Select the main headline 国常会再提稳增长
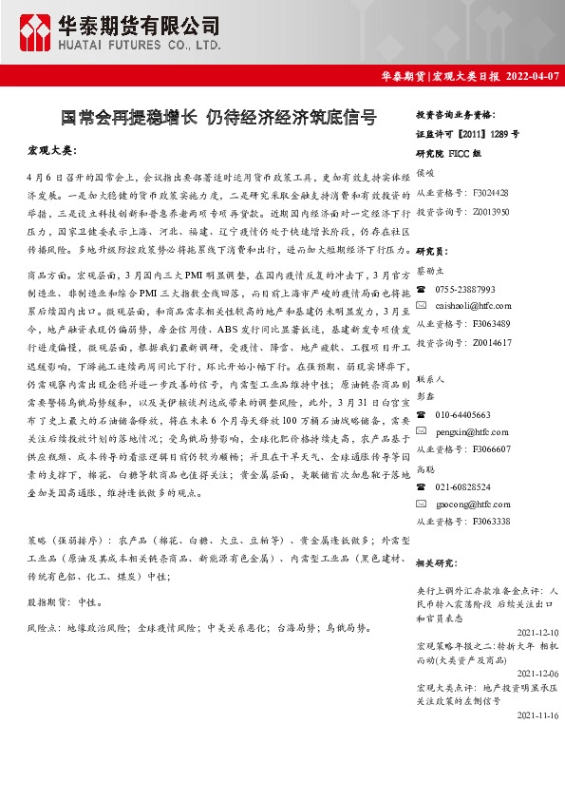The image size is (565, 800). [x=130, y=119]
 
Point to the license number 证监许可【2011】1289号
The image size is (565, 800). [x=467, y=135]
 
